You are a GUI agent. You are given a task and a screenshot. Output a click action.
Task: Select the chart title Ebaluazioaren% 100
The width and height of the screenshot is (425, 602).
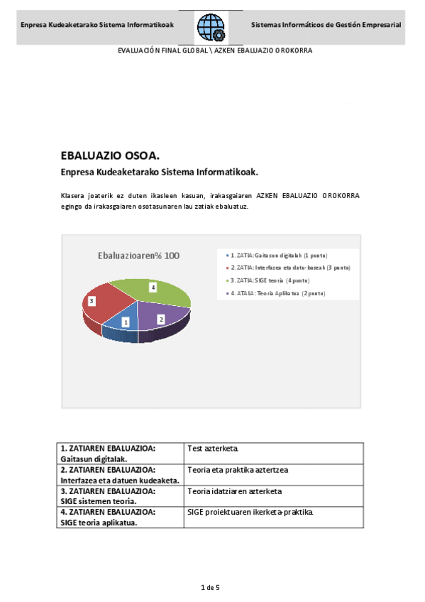click(138, 256)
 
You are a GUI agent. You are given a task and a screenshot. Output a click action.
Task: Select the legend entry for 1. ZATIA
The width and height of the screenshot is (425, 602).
click(276, 255)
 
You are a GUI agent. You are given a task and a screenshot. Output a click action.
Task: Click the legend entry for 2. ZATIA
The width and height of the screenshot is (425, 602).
click(289, 268)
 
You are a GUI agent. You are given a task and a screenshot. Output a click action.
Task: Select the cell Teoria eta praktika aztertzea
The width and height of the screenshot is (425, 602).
click(238, 469)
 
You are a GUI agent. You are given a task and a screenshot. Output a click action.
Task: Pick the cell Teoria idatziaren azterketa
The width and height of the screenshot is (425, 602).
click(235, 491)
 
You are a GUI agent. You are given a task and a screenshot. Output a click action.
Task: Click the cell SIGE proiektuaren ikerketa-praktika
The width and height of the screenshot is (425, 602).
click(250, 512)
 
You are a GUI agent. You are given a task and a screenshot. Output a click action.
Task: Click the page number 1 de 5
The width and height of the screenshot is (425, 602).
click(211, 588)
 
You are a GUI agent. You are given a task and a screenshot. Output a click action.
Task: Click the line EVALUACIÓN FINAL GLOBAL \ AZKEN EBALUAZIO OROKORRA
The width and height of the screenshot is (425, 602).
click(214, 51)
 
